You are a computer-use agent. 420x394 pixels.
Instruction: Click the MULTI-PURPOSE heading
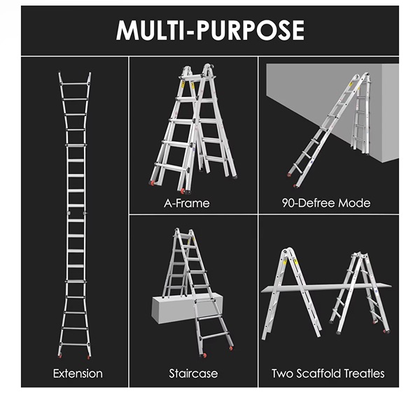point(210,30)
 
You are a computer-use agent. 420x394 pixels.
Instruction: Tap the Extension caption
point(78,374)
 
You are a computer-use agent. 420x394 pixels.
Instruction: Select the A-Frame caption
point(187,203)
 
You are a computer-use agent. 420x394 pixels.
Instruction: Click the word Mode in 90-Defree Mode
point(354,203)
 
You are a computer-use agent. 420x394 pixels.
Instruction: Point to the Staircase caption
point(193,374)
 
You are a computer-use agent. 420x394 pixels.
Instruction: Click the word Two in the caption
point(283,374)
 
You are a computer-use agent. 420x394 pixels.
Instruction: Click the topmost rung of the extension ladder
point(75,84)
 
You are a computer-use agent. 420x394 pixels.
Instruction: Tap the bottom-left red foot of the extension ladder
point(60,356)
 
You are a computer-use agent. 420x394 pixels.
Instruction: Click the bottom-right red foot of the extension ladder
point(88,356)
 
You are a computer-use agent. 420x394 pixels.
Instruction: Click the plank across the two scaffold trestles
point(326,287)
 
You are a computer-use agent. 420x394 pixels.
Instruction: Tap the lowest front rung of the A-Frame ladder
point(171,166)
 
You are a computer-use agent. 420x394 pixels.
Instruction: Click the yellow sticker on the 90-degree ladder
point(351,84)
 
